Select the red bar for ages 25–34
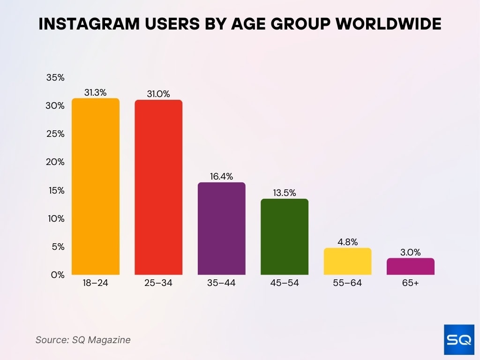tap(158, 187)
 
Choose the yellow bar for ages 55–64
tap(347, 262)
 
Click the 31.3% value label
tap(96, 93)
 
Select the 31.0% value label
tap(158, 94)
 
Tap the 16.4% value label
tap(221, 177)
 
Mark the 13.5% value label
tap(285, 193)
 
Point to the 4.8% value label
tap(347, 242)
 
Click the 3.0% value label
tap(410, 253)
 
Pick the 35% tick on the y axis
tap(55, 78)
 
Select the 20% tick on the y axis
tap(55, 162)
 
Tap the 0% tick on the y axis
tap(58, 275)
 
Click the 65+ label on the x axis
tap(410, 283)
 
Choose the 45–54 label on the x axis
tap(285, 283)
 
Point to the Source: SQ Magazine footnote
tap(83, 340)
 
